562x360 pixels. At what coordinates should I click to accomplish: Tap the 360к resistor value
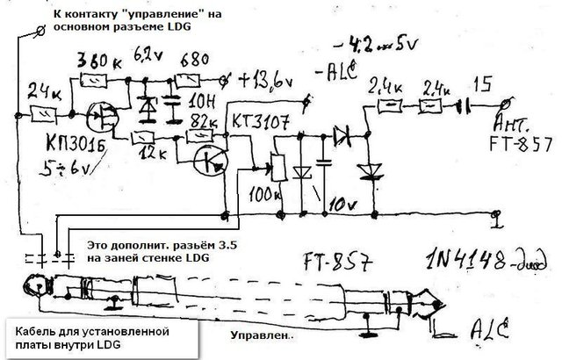point(98,62)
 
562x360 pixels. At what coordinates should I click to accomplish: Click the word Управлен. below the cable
point(260,335)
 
